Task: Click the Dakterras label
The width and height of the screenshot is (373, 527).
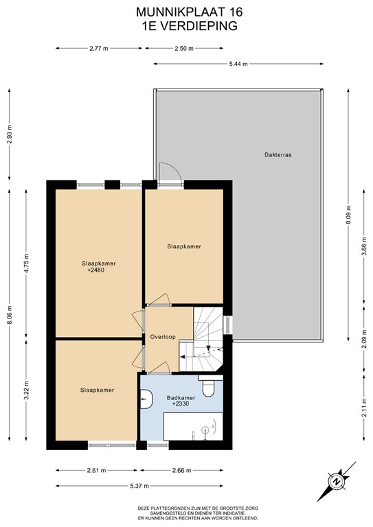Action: click(x=278, y=155)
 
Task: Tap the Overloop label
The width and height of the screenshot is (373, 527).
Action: click(x=163, y=337)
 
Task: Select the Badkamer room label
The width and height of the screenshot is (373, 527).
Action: click(x=181, y=398)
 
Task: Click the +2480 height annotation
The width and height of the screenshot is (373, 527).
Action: click(x=96, y=270)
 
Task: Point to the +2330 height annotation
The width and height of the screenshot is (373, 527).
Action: click(x=181, y=403)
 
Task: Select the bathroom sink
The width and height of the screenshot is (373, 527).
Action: click(x=146, y=399)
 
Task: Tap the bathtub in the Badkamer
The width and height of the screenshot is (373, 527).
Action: click(x=193, y=427)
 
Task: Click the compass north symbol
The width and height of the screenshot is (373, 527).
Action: click(x=336, y=482)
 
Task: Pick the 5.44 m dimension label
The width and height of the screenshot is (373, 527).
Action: click(x=238, y=64)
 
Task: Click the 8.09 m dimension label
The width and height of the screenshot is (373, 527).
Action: click(x=348, y=215)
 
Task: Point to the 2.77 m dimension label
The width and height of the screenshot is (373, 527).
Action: click(x=99, y=49)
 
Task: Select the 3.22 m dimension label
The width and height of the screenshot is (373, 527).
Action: click(x=27, y=390)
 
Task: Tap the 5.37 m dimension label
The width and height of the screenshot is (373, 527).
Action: click(x=139, y=486)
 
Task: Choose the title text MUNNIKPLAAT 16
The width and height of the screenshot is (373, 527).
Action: click(x=189, y=12)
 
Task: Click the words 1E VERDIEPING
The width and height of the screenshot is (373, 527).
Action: click(x=190, y=26)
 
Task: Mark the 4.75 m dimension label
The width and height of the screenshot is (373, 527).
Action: click(x=27, y=263)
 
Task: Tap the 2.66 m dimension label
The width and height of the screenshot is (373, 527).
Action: click(x=181, y=470)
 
